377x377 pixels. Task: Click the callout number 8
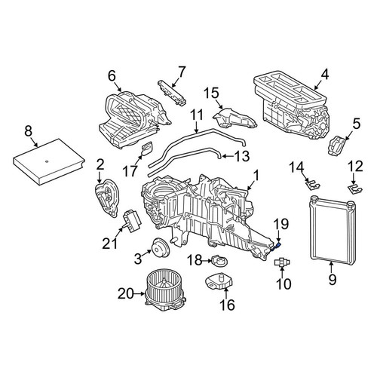coord(29,131)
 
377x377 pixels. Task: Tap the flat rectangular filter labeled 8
coord(48,161)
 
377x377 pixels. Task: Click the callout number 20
coord(126,293)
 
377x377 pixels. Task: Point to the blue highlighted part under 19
coord(276,247)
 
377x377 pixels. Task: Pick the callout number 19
coord(280,224)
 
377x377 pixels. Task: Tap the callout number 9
coord(333,280)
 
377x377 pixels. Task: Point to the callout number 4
coord(325,75)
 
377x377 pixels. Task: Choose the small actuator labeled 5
coord(337,146)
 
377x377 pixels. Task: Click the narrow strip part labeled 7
coord(172,93)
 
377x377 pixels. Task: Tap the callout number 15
coord(211,93)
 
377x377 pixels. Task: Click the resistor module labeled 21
coord(132,221)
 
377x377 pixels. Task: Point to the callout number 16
coord(227,305)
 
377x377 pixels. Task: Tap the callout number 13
coord(242,156)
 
